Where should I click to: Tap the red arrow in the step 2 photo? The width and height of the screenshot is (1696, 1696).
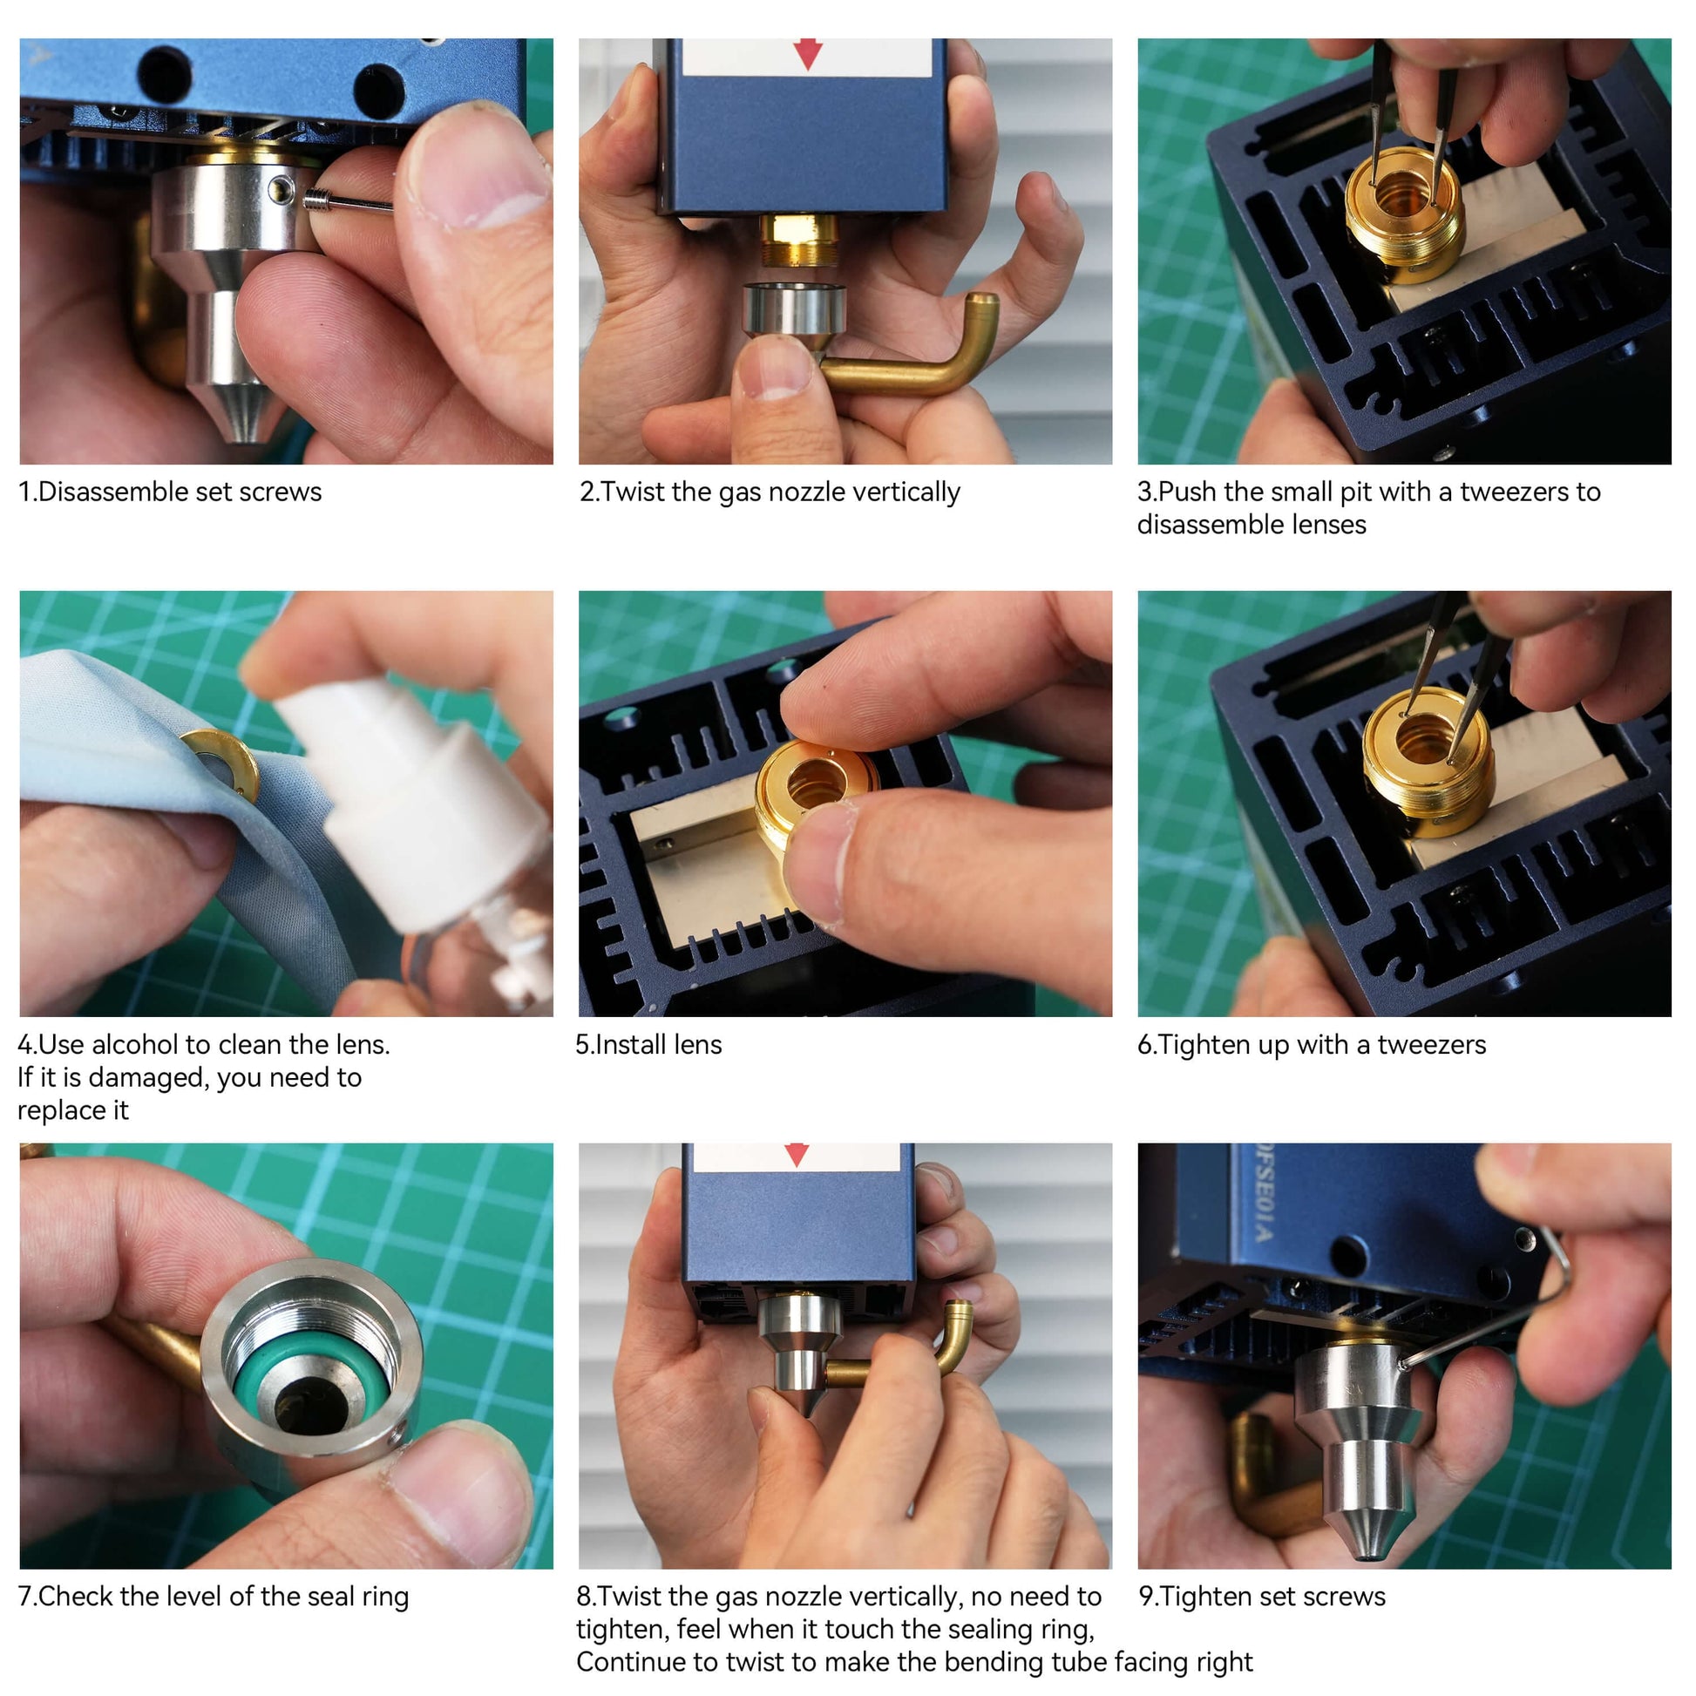pos(807,53)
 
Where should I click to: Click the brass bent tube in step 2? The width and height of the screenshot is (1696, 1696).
pos(913,351)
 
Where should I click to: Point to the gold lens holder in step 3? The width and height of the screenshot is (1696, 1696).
pos(1405,214)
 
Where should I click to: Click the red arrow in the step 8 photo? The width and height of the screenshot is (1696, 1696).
pos(797,1155)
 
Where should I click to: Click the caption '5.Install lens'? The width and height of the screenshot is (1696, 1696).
pos(648,1045)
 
